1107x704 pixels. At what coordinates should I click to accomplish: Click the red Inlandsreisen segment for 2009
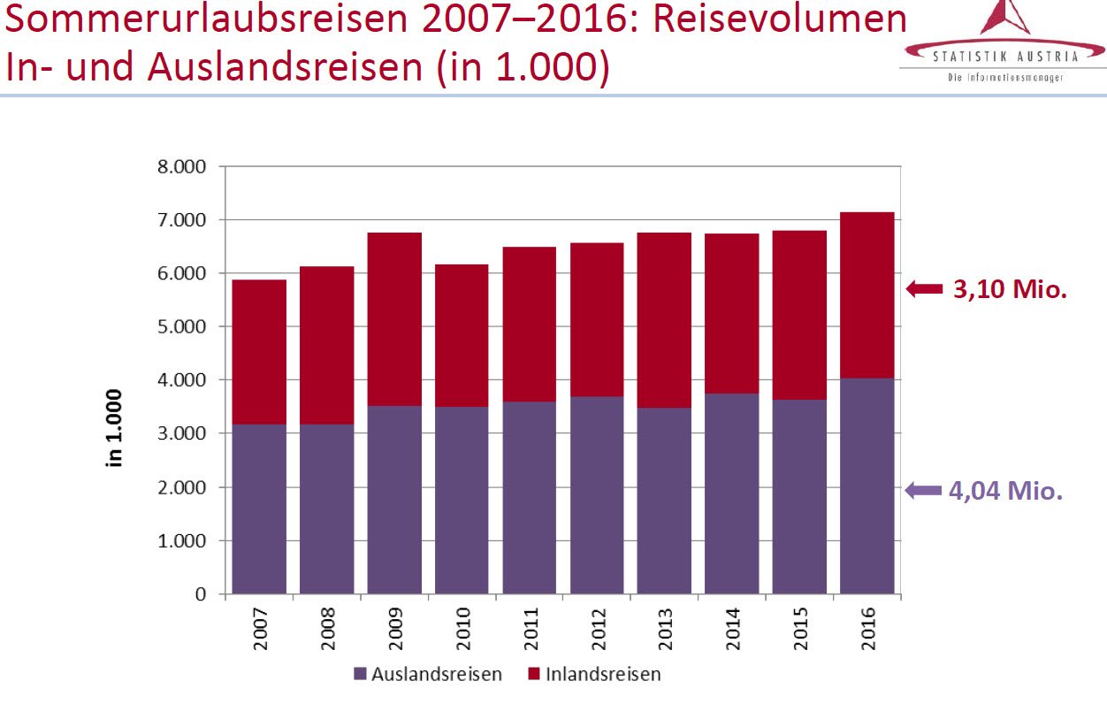395,319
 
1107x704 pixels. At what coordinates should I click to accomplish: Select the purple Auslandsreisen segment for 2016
867,486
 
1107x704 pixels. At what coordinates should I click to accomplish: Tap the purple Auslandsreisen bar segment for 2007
260,509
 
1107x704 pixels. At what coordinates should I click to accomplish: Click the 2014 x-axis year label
732,630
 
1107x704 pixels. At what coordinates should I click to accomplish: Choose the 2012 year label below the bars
598,630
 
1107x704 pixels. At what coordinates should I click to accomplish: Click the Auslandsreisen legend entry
427,674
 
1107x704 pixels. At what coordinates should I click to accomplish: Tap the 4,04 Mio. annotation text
1005,491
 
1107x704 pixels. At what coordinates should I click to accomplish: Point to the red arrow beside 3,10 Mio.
925,288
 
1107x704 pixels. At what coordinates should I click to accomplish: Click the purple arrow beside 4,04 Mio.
923,491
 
